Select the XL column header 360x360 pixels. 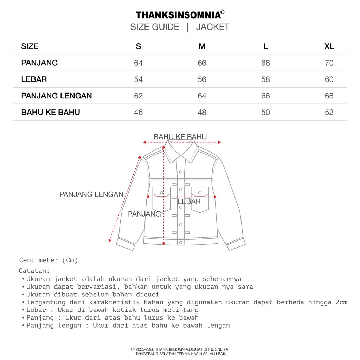point(329,46)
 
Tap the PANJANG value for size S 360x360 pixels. point(139,63)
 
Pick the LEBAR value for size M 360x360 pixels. point(202,79)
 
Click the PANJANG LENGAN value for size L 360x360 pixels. point(265,96)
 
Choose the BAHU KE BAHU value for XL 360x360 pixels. point(329,112)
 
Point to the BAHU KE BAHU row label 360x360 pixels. point(51,112)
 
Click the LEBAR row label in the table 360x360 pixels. point(34,79)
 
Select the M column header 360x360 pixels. point(202,46)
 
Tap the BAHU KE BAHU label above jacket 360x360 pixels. point(180,137)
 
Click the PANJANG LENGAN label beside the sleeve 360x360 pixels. point(91,194)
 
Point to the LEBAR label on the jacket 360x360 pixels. point(189,201)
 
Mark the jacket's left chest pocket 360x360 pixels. point(161,199)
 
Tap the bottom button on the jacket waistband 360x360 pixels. point(181,242)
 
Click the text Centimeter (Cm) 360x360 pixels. point(49,260)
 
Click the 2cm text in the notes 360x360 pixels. point(341,302)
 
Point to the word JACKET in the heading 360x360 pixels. point(213,27)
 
